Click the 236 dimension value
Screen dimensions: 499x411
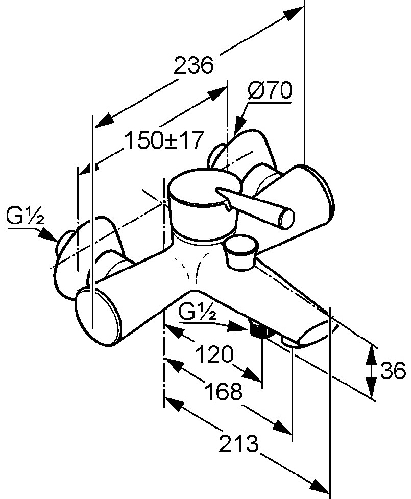[x=193, y=66]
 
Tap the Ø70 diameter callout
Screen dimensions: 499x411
[x=269, y=92]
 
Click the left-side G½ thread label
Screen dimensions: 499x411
[x=26, y=219]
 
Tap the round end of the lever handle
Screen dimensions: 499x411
[x=285, y=218]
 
